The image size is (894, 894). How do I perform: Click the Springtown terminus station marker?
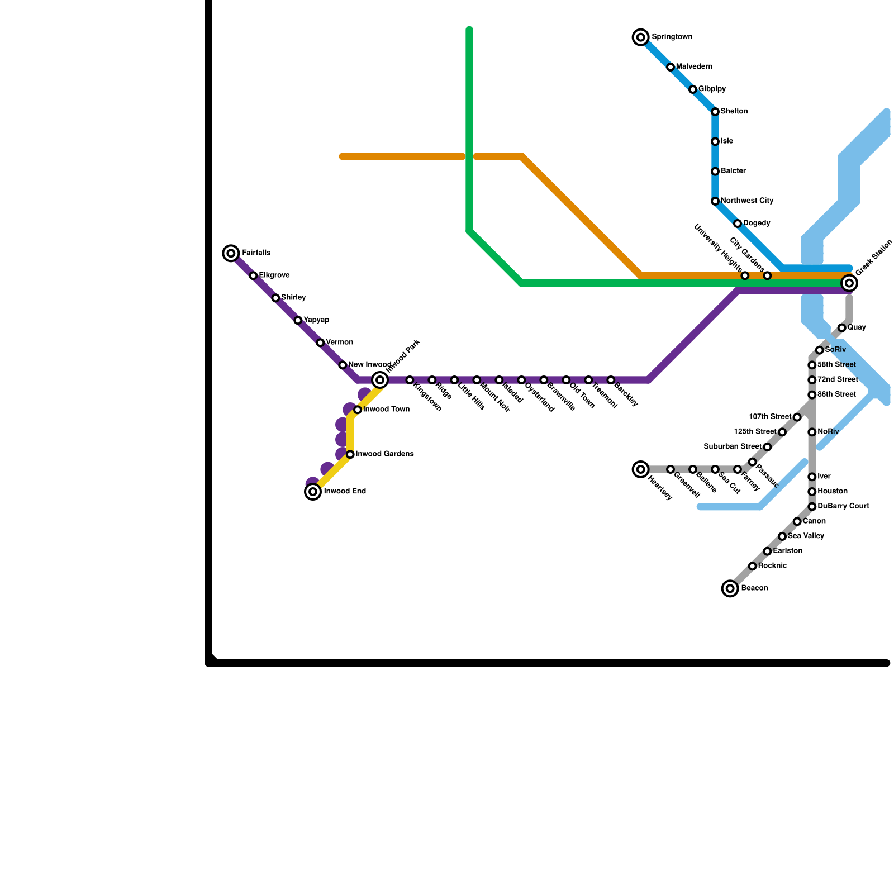[x=641, y=37]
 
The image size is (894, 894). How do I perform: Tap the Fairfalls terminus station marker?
[x=231, y=253]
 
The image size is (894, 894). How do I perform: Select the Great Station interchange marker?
[x=849, y=283]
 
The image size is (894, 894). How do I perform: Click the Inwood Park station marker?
[x=380, y=380]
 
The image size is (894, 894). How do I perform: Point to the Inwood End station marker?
[x=313, y=492]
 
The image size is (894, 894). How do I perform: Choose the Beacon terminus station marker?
[x=730, y=588]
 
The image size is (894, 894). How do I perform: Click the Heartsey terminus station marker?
[x=641, y=469]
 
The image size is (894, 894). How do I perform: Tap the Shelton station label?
[x=734, y=112]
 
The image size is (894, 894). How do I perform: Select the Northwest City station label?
[x=747, y=201]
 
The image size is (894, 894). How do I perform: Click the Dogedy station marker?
[x=738, y=223]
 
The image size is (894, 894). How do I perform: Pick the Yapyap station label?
[x=316, y=320]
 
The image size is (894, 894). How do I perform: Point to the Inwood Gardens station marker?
[x=350, y=455]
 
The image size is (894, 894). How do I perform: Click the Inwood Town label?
[x=386, y=410]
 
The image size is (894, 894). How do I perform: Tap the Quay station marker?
[x=842, y=328]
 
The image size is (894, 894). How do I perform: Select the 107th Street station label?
[x=770, y=417]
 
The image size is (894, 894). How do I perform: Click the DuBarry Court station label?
[x=843, y=506]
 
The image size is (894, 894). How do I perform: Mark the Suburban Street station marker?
[x=767, y=447]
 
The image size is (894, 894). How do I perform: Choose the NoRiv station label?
[x=828, y=432]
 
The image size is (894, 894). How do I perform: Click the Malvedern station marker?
[x=670, y=67]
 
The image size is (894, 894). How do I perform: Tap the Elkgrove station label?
[x=274, y=275]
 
